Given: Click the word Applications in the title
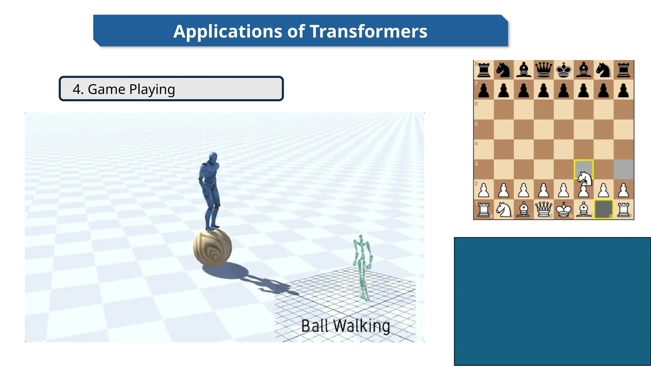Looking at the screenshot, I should [x=228, y=31].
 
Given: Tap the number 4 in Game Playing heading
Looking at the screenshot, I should [x=76, y=89].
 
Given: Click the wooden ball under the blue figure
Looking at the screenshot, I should [x=212, y=247].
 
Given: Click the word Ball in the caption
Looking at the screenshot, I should [x=314, y=326].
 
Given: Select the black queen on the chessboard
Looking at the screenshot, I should [x=544, y=70].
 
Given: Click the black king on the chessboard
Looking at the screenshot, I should [x=564, y=70].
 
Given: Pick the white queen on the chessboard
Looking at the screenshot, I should [x=544, y=209].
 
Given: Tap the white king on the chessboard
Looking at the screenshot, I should [x=564, y=209].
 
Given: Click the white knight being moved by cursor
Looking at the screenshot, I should [x=584, y=179].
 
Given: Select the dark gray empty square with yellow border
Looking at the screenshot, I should [x=603, y=209].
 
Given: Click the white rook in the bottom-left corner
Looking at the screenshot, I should [x=483, y=209].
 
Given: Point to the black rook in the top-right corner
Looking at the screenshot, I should [x=623, y=70].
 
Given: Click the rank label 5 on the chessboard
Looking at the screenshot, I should [x=476, y=124].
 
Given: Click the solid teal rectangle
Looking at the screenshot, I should [x=552, y=301].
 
